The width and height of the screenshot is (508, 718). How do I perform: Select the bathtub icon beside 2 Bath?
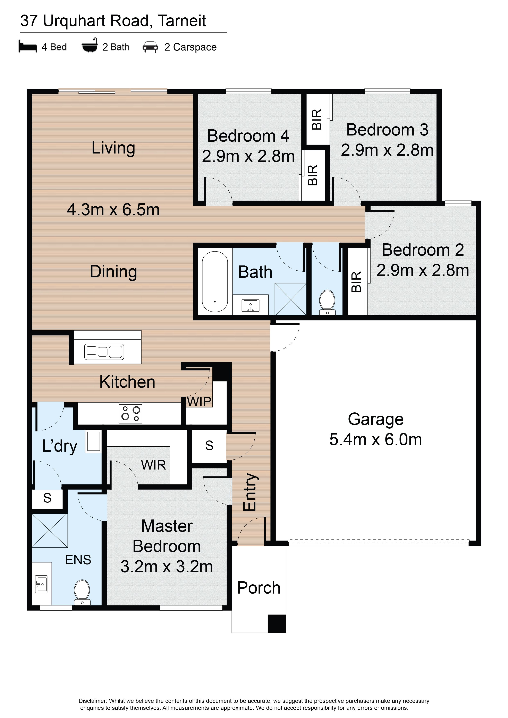click(90, 45)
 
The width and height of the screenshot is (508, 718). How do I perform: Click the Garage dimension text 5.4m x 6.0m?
click(376, 439)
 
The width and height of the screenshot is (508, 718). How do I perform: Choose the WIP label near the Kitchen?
click(199, 402)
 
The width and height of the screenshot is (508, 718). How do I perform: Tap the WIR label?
click(153, 465)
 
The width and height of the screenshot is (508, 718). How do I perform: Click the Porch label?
click(259, 588)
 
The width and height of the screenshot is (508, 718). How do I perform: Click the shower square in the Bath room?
click(290, 299)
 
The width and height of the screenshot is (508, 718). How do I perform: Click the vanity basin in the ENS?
click(41, 584)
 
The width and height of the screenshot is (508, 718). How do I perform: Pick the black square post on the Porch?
click(277, 624)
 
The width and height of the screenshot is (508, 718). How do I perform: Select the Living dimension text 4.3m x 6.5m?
click(113, 210)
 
